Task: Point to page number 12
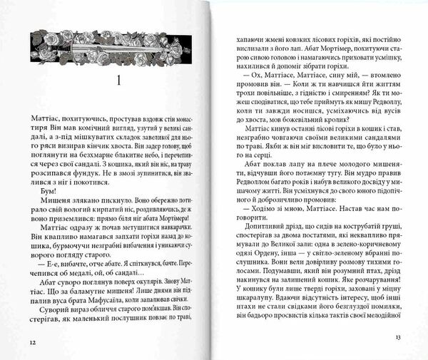click(33, 341)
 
